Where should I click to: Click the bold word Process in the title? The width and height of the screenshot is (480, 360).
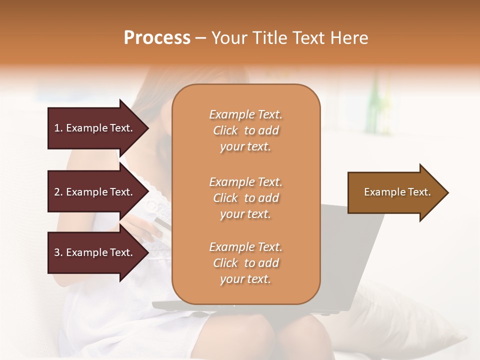click(x=157, y=38)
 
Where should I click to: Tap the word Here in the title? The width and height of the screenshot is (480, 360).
click(x=348, y=38)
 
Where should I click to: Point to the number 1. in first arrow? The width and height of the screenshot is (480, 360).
click(x=58, y=128)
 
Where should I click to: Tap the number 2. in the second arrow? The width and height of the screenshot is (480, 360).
click(x=58, y=192)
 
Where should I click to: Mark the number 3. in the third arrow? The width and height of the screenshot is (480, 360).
click(x=58, y=252)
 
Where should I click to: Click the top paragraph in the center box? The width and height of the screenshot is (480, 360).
click(x=245, y=130)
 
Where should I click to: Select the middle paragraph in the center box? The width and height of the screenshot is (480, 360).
click(x=245, y=198)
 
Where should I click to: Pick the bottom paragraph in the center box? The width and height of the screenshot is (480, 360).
click(x=245, y=263)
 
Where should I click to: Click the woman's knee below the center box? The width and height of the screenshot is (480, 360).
click(x=300, y=335)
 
